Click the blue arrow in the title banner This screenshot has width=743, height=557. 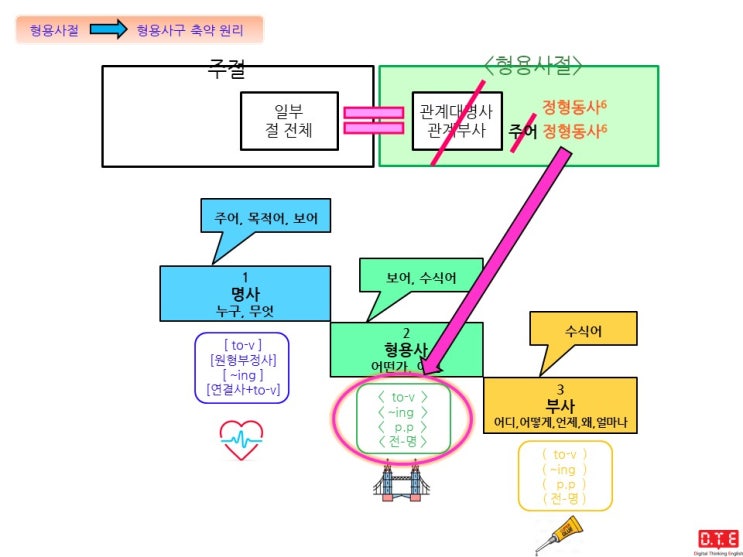click(105, 30)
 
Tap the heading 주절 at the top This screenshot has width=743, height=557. click(226, 68)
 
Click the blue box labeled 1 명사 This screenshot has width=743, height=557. click(245, 292)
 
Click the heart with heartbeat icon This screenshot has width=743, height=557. click(241, 439)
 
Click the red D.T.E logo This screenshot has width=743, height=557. click(718, 538)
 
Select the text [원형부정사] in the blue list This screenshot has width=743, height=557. click(243, 359)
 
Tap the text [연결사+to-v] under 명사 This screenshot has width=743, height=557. click(243, 389)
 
